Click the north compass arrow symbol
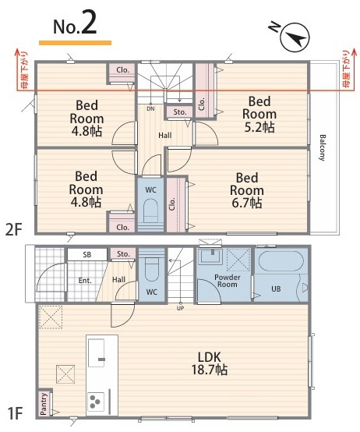(295, 37)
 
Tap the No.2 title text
(75, 27)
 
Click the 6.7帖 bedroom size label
(246, 204)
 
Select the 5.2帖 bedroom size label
(259, 127)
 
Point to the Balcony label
(323, 147)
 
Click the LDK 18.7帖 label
(210, 363)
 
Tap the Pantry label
(44, 404)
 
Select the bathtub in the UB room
(281, 260)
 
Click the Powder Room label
(228, 281)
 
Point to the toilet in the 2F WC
(150, 211)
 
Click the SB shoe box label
(87, 254)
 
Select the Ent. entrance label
(85, 281)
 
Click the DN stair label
(150, 108)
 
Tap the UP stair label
(180, 308)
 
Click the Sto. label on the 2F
(180, 112)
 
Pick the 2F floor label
(13, 230)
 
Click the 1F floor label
(14, 413)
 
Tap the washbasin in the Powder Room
(211, 257)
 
